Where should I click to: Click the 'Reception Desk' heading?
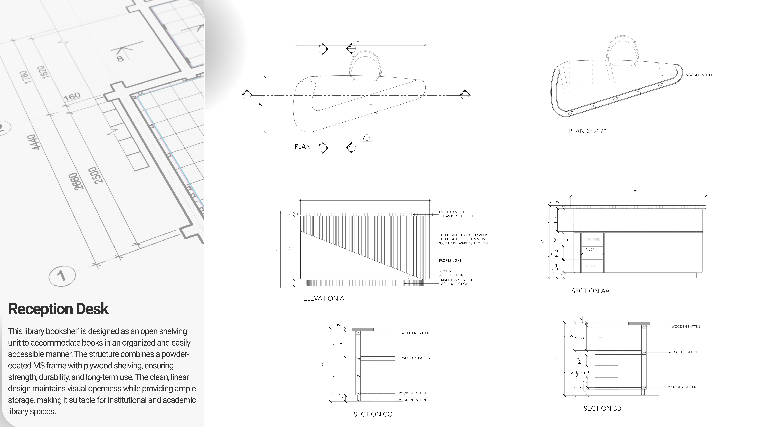(58, 309)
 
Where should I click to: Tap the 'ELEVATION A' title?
(324, 298)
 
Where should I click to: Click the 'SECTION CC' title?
(373, 414)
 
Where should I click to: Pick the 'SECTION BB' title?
(602, 408)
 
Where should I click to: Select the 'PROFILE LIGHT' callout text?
(450, 261)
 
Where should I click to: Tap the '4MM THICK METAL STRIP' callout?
(458, 280)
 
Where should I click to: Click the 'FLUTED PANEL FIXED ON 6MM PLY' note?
(464, 235)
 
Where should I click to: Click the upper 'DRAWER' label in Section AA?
(593, 240)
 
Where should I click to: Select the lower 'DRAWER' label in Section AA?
(593, 266)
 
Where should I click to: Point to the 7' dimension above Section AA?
(635, 192)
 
